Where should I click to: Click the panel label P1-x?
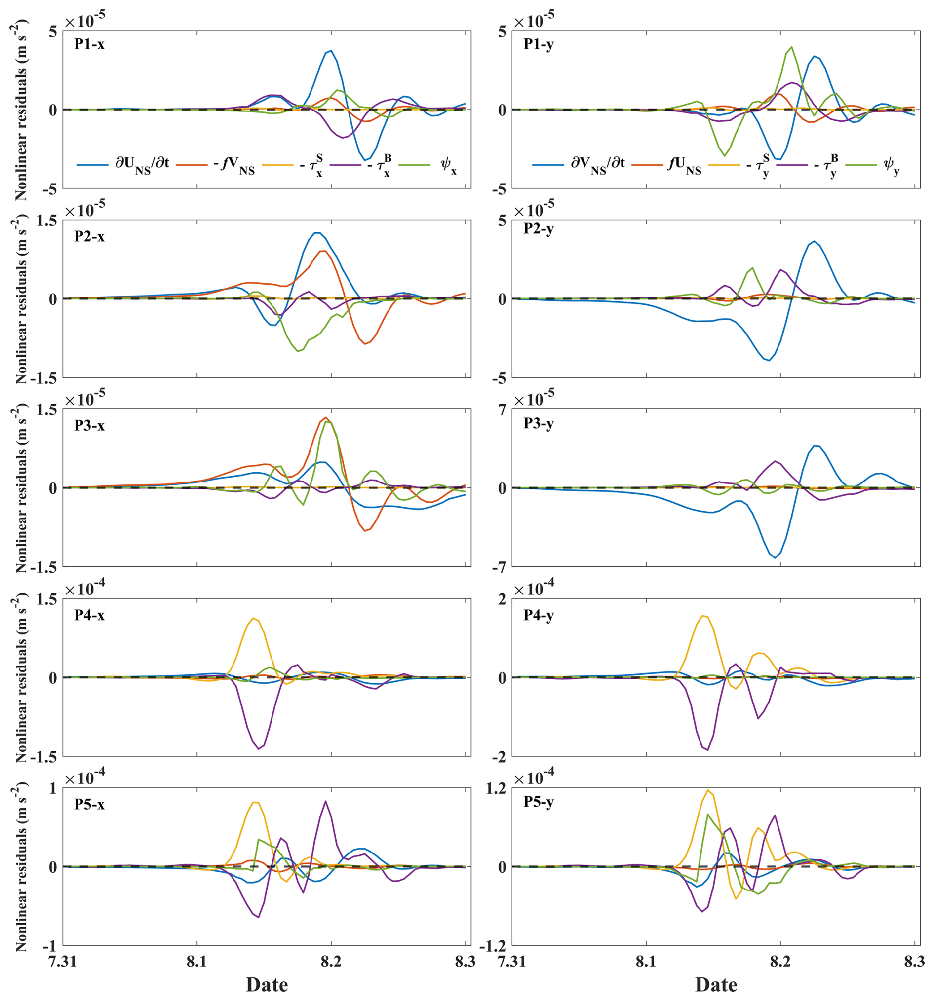point(90,44)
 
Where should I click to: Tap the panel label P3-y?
point(539,423)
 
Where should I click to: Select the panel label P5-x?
point(90,804)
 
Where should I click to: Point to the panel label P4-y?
point(539,615)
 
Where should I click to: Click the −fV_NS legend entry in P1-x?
point(224,164)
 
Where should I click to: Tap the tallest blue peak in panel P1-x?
point(331,50)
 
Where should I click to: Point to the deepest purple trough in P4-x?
point(259,749)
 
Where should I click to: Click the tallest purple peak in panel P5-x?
point(325,801)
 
